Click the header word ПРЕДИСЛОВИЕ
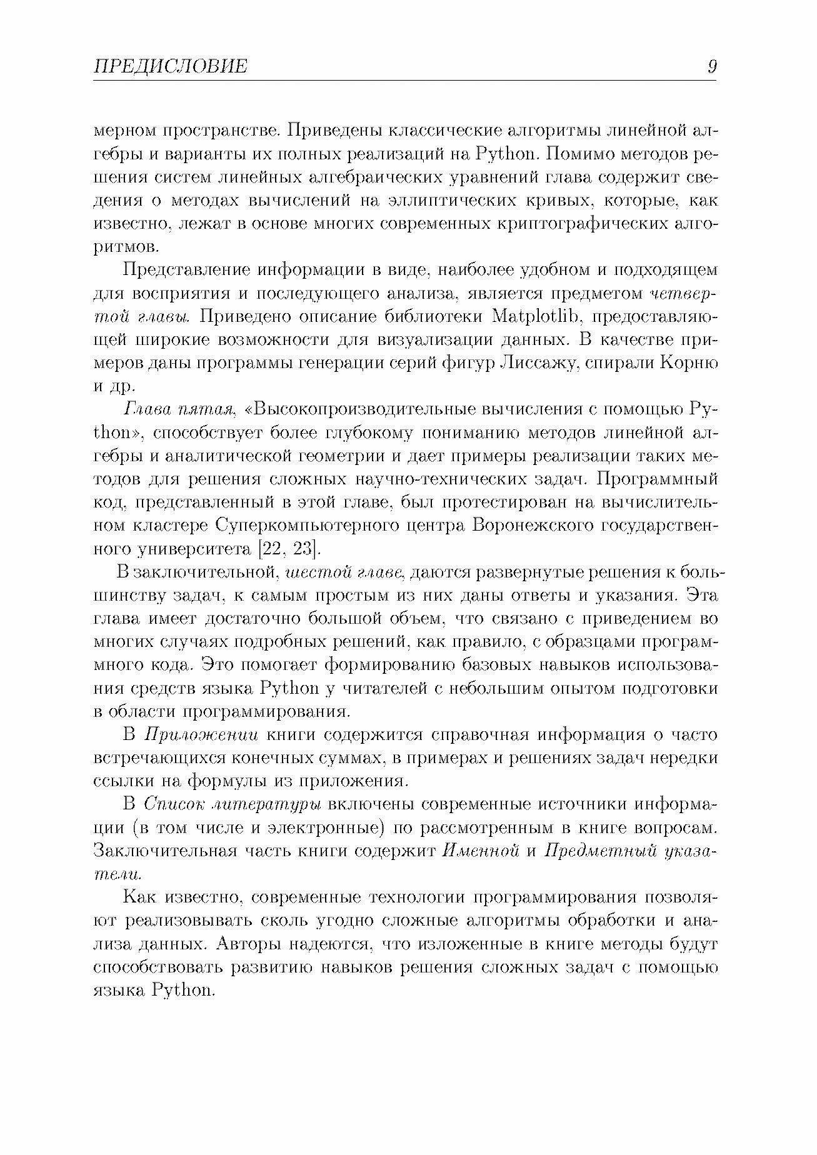[x=170, y=66]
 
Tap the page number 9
[x=712, y=66]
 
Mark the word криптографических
[x=583, y=224]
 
